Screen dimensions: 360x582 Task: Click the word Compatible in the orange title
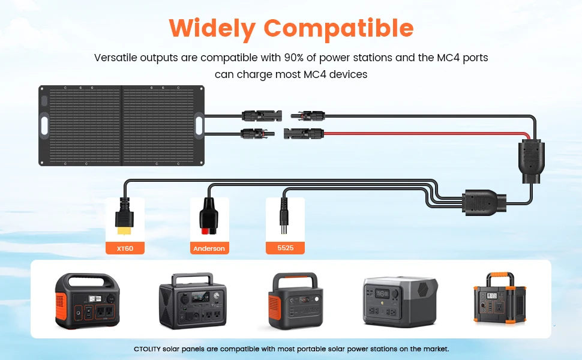pos(338,28)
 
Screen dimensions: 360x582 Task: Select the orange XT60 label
pos(125,248)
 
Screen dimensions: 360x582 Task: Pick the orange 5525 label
pos(285,248)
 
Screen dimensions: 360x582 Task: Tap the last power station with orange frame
pos(495,301)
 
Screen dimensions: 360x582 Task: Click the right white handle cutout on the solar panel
pos(199,126)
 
